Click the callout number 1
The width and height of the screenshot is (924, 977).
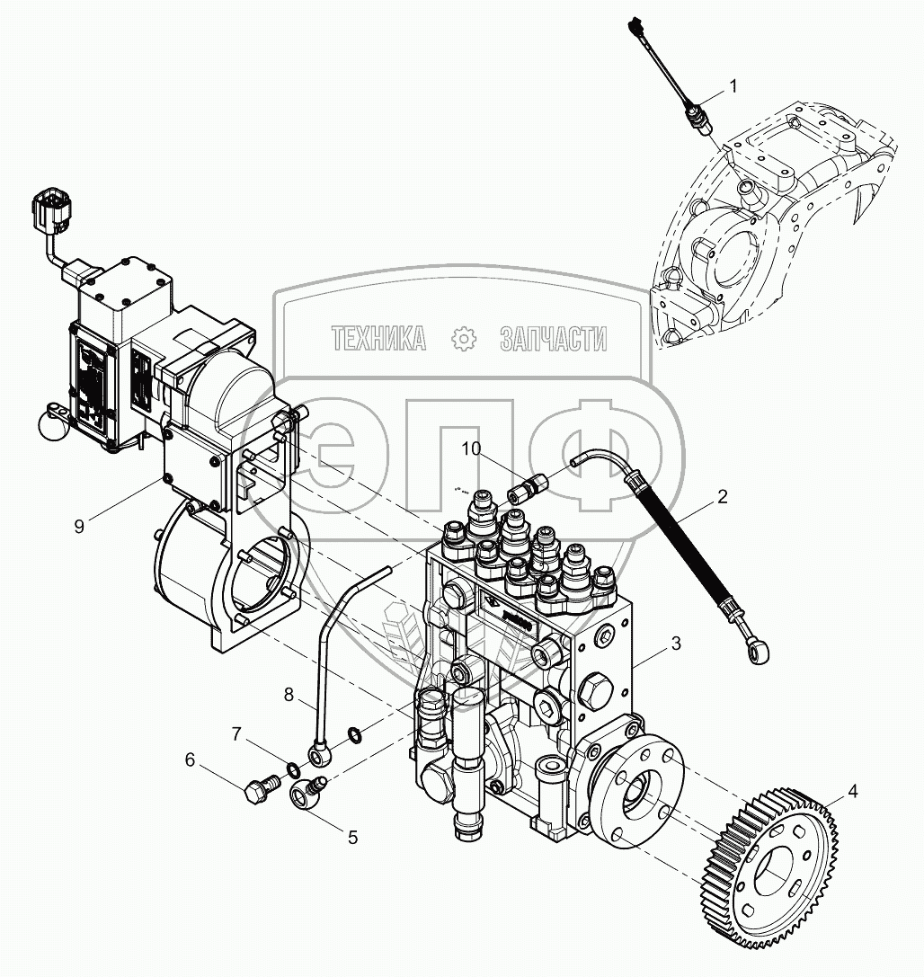[733, 86]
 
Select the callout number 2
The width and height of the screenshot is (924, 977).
[722, 495]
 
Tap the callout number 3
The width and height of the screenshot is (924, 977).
[676, 644]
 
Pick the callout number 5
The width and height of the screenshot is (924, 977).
[352, 836]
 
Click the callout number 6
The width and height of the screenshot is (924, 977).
[190, 759]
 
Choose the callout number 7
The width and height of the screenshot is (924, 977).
[236, 734]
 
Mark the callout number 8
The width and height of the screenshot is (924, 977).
[289, 694]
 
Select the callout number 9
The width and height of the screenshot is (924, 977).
[79, 526]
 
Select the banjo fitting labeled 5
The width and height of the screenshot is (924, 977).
[308, 792]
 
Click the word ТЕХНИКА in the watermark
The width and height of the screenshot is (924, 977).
[378, 338]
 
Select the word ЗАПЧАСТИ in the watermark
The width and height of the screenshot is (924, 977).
[552, 338]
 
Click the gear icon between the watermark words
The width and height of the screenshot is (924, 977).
[463, 338]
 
